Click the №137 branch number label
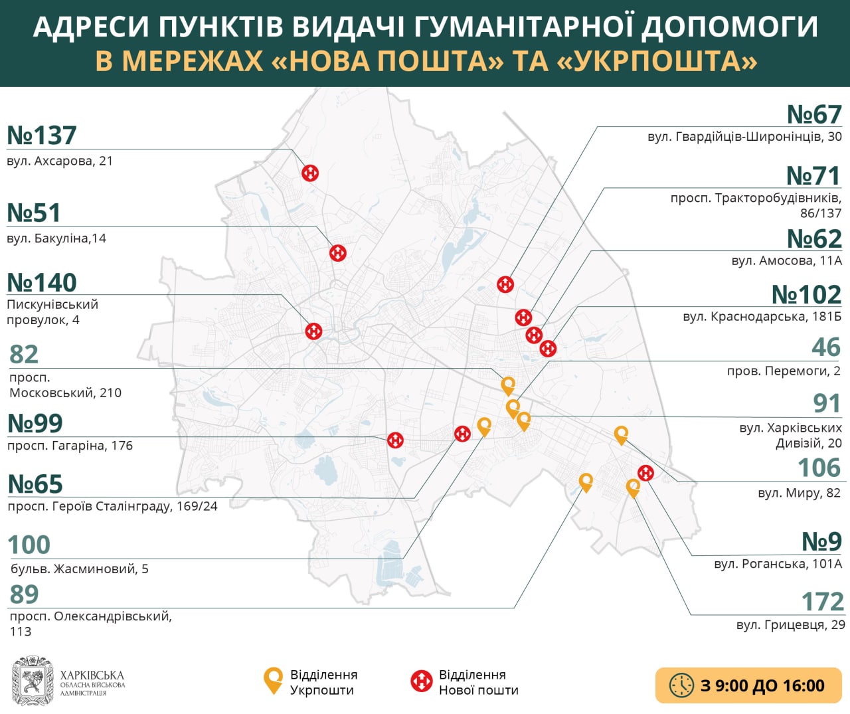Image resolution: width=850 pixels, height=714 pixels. [42, 135]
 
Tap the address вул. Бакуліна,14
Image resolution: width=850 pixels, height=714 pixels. [56, 238]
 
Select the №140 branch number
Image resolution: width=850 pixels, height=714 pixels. [42, 283]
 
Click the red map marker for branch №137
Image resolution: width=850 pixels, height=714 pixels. [310, 173]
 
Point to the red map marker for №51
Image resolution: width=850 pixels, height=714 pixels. [338, 252]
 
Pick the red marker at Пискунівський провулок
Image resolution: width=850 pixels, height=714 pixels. [313, 331]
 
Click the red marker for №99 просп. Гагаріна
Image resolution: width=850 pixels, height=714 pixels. [396, 440]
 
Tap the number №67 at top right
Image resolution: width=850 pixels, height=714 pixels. [814, 115]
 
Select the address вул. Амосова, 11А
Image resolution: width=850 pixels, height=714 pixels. [786, 261]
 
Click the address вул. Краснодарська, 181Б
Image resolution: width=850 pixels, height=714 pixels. [762, 317]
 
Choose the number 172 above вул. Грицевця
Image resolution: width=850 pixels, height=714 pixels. [822, 602]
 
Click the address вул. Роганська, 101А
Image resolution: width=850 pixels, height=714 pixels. [778, 564]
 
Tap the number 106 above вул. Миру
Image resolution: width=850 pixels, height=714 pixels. [819, 468]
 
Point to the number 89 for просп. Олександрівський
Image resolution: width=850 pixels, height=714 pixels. [25, 594]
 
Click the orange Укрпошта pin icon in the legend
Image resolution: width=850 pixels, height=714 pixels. [273, 681]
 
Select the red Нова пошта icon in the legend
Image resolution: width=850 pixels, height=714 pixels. [422, 681]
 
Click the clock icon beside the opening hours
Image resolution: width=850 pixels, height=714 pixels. [681, 685]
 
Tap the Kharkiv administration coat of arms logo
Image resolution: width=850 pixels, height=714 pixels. [33, 681]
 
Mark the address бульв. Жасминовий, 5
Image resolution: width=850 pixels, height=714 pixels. [80, 569]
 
